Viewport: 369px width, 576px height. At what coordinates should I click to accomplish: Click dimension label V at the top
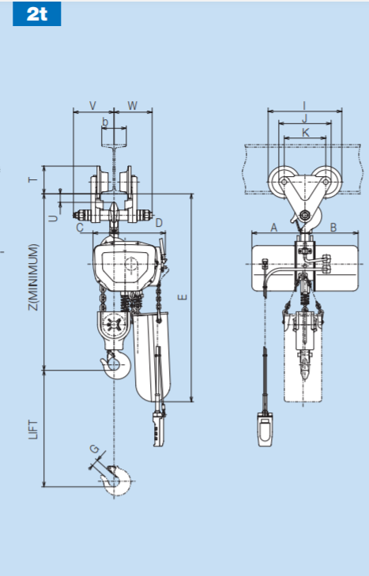[92, 105]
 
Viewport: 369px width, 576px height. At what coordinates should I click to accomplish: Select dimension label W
[132, 105]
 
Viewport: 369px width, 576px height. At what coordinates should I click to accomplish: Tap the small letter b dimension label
[105, 122]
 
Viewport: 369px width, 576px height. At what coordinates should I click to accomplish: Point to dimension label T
[32, 179]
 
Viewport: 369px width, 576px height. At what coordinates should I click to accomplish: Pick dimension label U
[53, 213]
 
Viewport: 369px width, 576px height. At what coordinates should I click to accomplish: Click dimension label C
[80, 228]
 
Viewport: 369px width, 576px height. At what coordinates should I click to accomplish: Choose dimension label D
[159, 224]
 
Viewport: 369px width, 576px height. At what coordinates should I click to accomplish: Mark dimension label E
[183, 297]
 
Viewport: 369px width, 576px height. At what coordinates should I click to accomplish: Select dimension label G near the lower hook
[95, 450]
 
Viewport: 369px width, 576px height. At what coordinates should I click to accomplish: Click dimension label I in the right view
[303, 104]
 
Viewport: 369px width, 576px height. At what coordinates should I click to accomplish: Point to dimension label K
[303, 134]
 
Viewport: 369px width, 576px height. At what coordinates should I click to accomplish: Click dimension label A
[274, 228]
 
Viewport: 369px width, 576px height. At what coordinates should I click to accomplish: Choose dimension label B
[333, 228]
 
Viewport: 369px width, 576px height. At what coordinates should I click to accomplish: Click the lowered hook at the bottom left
[119, 480]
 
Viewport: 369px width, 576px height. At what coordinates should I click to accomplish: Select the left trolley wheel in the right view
[281, 182]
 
